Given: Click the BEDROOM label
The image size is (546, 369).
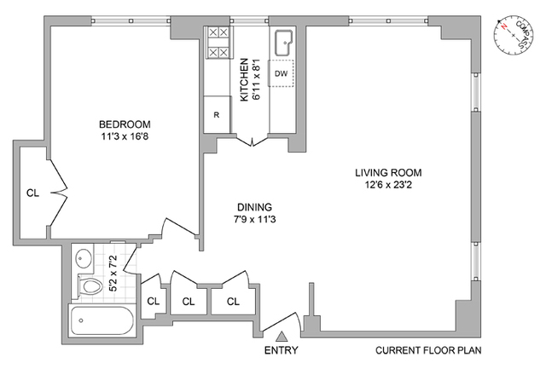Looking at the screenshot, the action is [125, 124].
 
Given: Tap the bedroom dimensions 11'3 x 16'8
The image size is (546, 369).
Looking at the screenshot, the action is [125, 136].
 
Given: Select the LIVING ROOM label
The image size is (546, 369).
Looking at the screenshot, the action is [388, 172].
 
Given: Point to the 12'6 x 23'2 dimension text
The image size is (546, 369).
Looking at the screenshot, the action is [388, 184].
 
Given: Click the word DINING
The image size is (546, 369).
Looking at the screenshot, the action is [254, 207].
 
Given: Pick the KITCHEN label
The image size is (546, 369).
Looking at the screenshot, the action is [244, 79].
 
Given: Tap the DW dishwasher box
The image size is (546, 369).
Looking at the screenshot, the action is [281, 73].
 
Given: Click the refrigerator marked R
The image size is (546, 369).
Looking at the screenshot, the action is [217, 114].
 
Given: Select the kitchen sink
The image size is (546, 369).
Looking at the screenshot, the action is [284, 43].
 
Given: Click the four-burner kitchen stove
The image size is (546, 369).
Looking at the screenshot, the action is [218, 43].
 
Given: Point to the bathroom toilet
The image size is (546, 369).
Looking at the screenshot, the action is [89, 286].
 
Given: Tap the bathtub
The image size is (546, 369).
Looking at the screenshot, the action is [102, 320].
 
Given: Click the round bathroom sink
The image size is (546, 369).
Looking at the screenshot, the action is [84, 258].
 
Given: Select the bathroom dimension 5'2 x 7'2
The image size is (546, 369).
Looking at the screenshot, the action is [113, 274].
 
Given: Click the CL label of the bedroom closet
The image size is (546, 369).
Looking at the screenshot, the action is [32, 193].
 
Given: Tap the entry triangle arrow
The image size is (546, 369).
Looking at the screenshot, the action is [282, 337].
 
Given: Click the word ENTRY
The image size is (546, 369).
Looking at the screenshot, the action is [281, 350].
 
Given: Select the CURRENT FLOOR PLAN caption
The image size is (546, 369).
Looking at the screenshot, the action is [428, 350].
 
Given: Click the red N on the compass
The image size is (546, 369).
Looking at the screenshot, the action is [503, 26].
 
